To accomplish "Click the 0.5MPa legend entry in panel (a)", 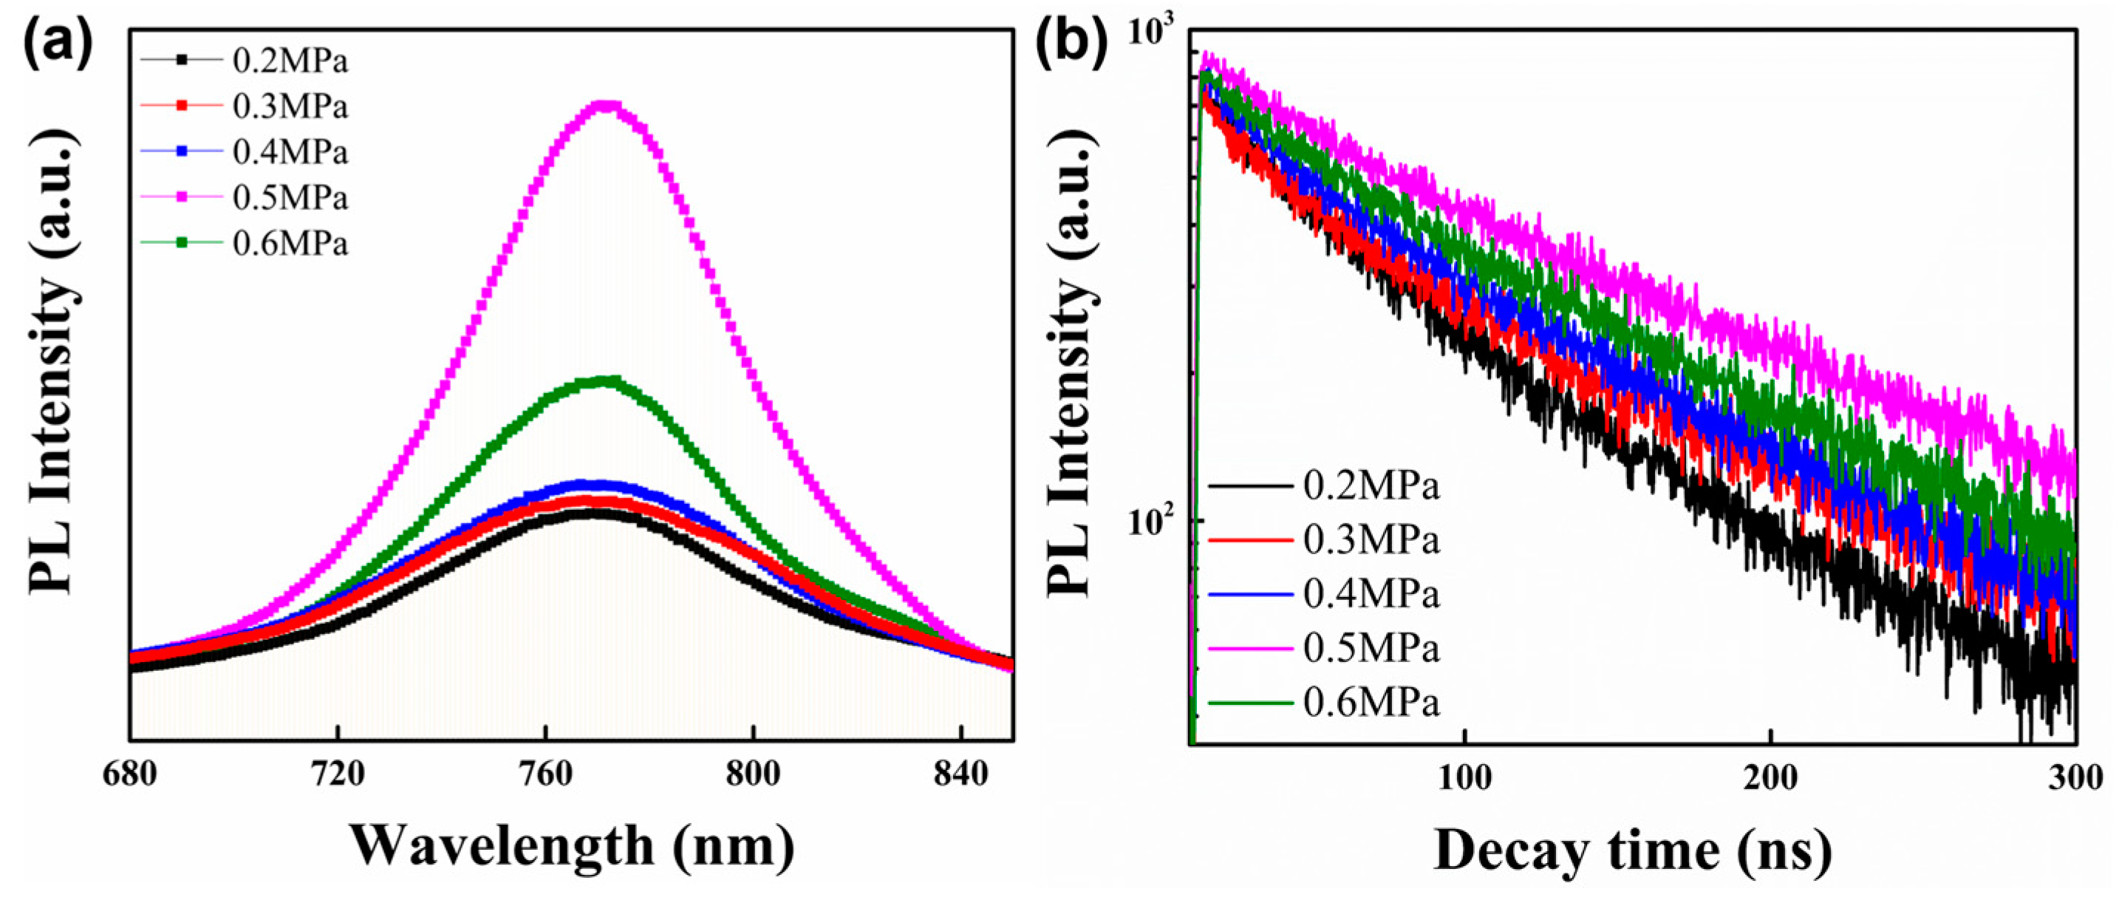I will click(290, 198).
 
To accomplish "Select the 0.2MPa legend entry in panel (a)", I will click(290, 61).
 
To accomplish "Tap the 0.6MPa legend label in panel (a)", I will click(290, 244).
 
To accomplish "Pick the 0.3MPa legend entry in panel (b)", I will click(1371, 540).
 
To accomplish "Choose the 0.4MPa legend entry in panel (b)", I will click(1371, 594).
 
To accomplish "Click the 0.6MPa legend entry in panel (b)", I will click(1371, 703).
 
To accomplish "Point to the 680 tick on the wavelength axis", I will click(130, 775).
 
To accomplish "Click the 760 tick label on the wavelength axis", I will click(546, 775).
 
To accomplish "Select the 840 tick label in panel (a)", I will click(960, 775).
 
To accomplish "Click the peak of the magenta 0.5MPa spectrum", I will click(607, 104).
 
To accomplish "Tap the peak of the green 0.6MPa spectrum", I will click(607, 381).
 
